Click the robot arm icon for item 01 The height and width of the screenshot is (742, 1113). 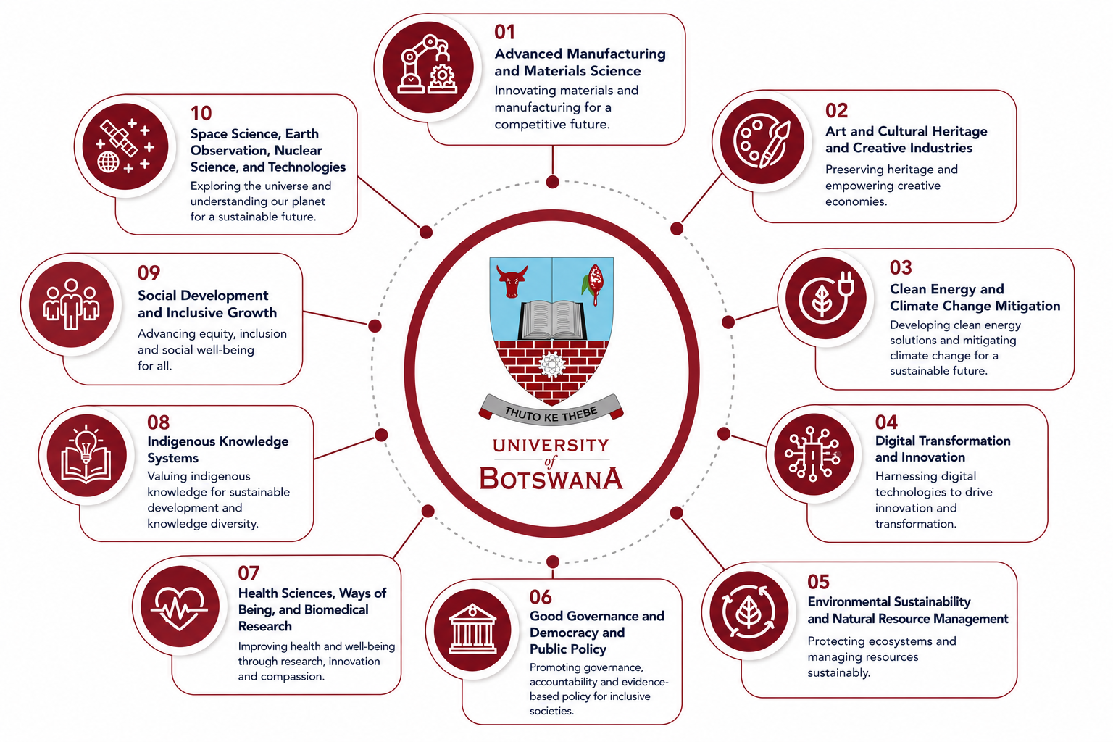(x=428, y=66)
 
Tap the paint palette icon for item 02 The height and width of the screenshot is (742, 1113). (x=762, y=141)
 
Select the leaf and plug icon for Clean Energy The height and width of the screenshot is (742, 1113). (x=825, y=298)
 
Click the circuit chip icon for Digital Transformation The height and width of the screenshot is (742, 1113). (x=812, y=454)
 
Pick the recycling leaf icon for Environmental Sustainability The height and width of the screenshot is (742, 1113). (x=749, y=612)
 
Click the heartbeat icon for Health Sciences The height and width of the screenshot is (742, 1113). (x=180, y=607)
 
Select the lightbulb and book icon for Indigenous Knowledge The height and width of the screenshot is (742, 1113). (x=86, y=455)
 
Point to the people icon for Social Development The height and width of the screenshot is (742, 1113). (x=71, y=304)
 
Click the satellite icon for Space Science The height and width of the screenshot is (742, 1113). (x=125, y=146)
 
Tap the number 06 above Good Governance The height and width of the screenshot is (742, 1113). (x=540, y=597)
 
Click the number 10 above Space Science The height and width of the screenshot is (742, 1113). (x=201, y=113)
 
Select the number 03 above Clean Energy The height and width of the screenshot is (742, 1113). (x=901, y=267)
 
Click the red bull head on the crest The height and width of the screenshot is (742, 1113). (x=512, y=281)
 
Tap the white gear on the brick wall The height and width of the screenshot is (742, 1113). (x=551, y=365)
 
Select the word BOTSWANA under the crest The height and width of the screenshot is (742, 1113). (x=551, y=478)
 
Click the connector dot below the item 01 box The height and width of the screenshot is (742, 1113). (x=553, y=182)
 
